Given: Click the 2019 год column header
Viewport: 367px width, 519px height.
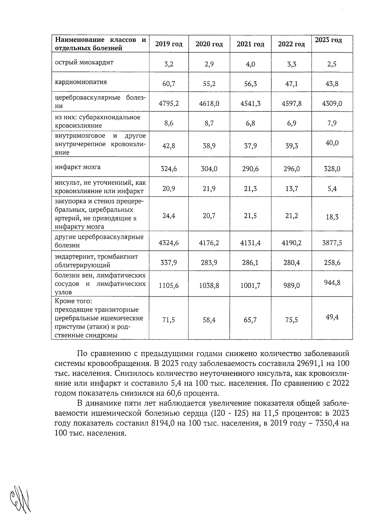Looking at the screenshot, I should click(x=169, y=44).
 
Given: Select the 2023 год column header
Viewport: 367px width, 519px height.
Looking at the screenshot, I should click(x=328, y=40).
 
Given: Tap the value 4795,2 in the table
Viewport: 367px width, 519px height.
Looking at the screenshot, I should click(x=169, y=103).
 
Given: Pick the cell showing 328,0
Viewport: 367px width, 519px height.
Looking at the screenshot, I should click(x=332, y=169).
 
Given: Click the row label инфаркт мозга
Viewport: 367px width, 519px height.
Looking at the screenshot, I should click(x=78, y=167).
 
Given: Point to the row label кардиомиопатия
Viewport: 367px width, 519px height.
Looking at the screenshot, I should click(x=81, y=82).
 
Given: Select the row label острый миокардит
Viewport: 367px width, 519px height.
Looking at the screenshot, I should click(x=84, y=62).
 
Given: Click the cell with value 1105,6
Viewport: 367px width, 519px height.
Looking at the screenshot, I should click(x=169, y=286).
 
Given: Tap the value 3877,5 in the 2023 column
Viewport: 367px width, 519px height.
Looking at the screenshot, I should click(x=332, y=243).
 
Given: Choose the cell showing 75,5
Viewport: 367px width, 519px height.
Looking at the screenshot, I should click(x=291, y=320).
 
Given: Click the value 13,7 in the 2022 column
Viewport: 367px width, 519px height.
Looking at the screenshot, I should click(x=291, y=189).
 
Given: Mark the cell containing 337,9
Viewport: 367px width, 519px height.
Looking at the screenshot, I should click(x=169, y=262).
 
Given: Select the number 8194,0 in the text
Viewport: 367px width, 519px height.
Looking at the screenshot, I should click(x=162, y=423).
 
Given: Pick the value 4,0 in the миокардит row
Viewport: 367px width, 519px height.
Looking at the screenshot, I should click(x=250, y=64).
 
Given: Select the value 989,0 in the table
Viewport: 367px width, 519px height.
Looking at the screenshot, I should click(x=291, y=286).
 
